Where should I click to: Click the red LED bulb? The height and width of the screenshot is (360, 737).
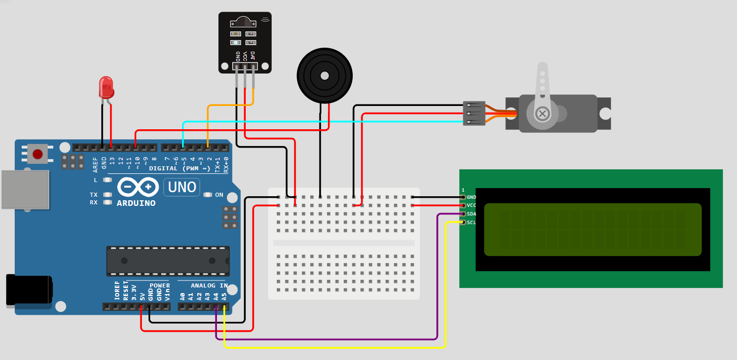[106, 87]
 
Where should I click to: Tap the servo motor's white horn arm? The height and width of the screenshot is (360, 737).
[542, 84]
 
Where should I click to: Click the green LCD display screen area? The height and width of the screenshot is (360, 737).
[593, 229]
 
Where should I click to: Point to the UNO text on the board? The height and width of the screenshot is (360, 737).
[182, 187]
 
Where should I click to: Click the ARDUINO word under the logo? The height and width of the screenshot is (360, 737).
[136, 203]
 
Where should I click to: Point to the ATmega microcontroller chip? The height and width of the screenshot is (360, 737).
[167, 261]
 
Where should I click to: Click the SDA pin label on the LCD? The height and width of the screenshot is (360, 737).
[471, 214]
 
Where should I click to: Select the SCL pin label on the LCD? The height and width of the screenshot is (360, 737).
[471, 223]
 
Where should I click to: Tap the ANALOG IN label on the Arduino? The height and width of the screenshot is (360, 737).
[209, 285]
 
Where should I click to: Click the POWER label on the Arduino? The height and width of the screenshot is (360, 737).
[160, 285]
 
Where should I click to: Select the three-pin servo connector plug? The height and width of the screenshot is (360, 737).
[474, 114]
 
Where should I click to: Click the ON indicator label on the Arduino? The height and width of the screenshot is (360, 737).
[219, 195]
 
